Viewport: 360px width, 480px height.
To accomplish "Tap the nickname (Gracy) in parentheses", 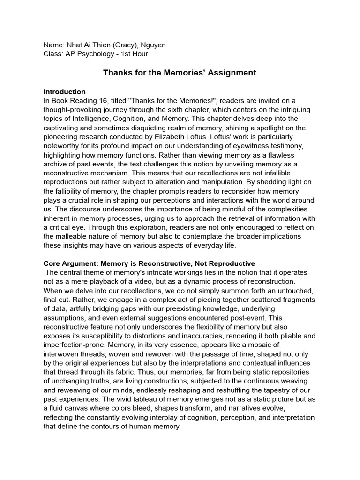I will pos(121,45).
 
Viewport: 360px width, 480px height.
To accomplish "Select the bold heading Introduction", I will pos(64,92).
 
